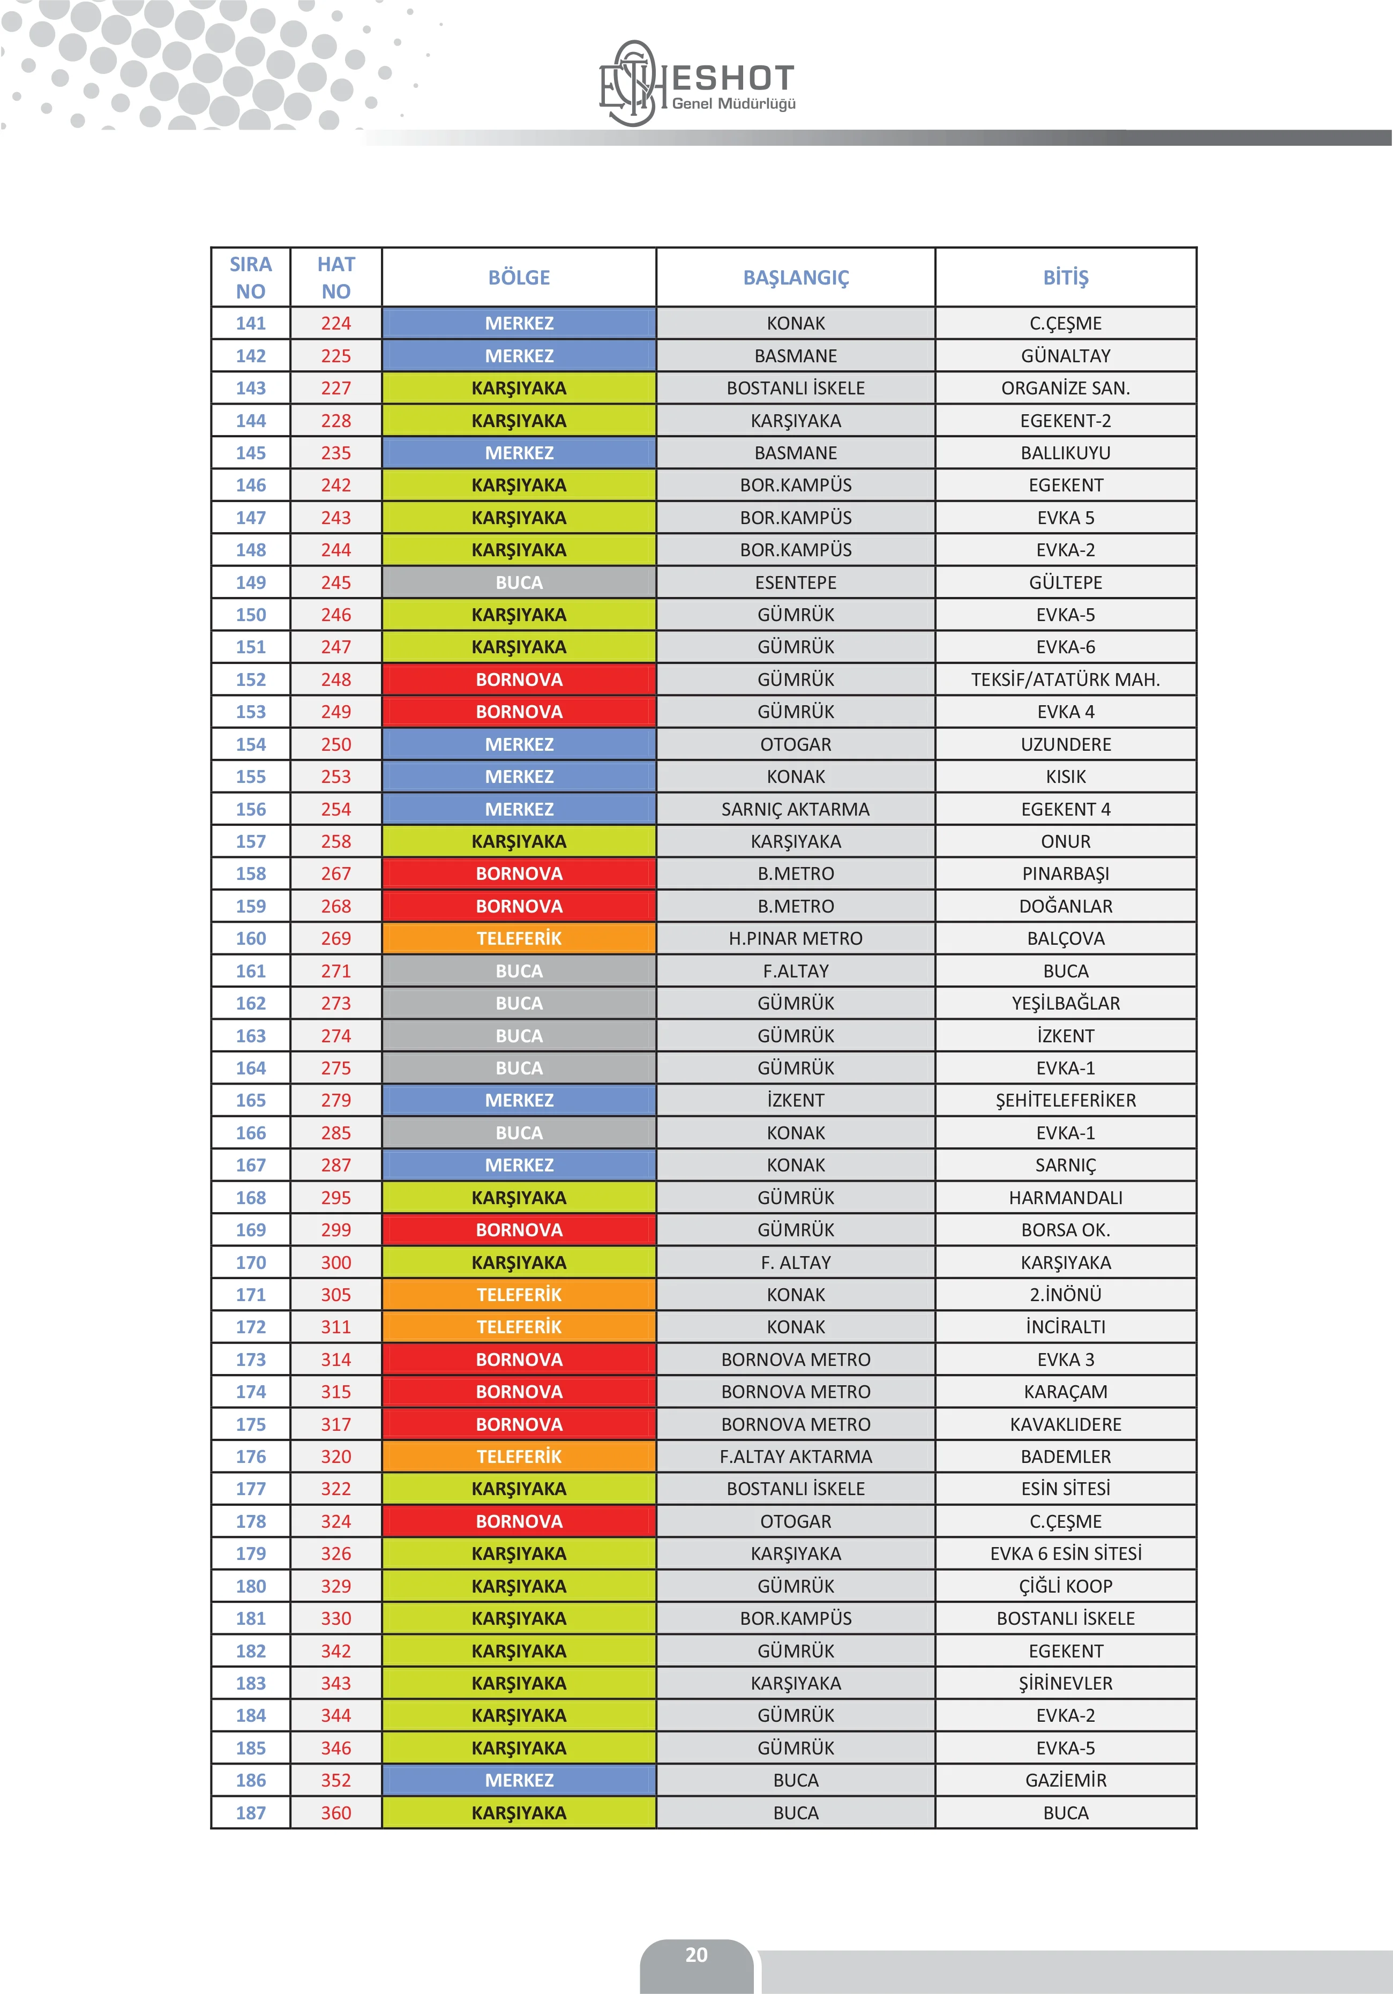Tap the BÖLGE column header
click(519, 278)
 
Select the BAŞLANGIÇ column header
click(796, 278)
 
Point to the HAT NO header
click(336, 278)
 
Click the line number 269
click(336, 938)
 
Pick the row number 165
click(251, 1100)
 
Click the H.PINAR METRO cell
click(796, 938)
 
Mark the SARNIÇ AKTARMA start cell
click(796, 809)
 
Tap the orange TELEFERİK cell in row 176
click(519, 1457)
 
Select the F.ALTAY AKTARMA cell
click(796, 1457)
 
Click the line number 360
click(336, 1812)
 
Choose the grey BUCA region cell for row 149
click(519, 582)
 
